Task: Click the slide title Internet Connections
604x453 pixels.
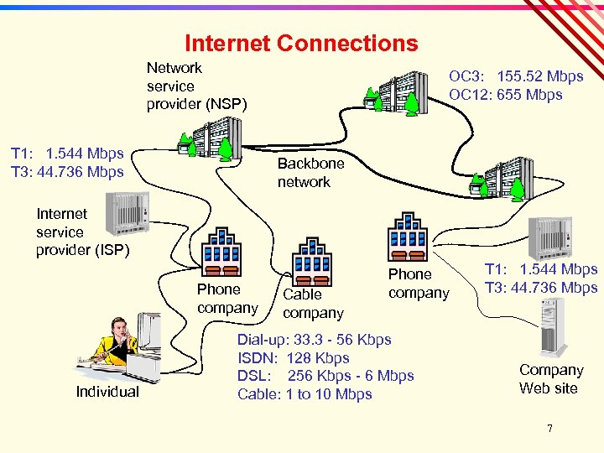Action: (x=300, y=43)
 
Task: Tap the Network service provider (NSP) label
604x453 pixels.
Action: (x=196, y=86)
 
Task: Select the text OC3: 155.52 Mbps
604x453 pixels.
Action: (x=516, y=76)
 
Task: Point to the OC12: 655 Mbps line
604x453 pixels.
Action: (x=505, y=95)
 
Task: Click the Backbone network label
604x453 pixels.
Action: (x=310, y=172)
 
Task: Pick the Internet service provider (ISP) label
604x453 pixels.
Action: (x=82, y=232)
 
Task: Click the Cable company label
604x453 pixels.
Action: (x=313, y=304)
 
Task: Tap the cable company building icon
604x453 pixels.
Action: (x=312, y=262)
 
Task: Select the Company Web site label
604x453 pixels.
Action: (x=550, y=378)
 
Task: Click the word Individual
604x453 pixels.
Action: (x=107, y=392)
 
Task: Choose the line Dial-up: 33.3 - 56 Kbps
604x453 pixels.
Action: (x=314, y=340)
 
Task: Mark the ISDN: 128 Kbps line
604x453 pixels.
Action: (x=293, y=358)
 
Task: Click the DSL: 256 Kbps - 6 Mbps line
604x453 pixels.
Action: (x=325, y=376)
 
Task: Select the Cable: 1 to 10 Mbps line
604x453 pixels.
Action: (x=305, y=394)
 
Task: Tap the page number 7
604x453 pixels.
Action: (x=549, y=429)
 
